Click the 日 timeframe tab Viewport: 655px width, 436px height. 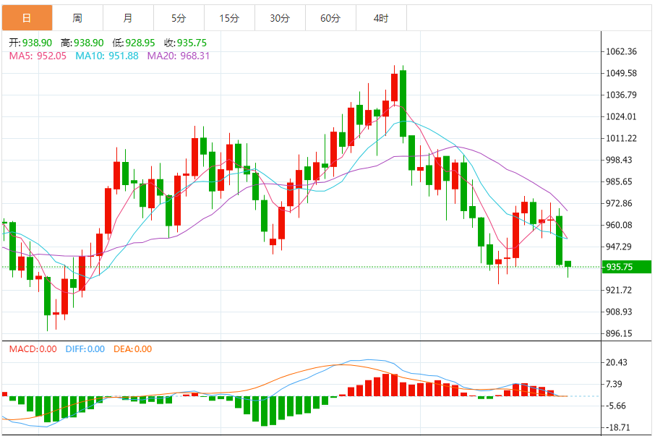(x=27, y=18)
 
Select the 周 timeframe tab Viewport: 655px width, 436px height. (x=77, y=18)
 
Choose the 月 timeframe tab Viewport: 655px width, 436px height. (x=128, y=18)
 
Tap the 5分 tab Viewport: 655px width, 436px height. (x=179, y=18)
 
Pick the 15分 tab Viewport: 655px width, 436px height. (x=229, y=18)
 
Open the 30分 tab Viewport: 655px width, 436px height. (x=280, y=18)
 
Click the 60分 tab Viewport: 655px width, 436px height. (x=330, y=18)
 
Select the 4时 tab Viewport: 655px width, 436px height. (x=381, y=18)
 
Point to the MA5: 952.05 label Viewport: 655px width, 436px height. (x=38, y=56)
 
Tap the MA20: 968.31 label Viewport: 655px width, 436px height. (x=179, y=56)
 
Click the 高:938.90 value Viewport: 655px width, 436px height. (x=82, y=43)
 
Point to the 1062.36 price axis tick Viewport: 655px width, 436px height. (x=622, y=51)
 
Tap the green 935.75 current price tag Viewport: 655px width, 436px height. (x=626, y=267)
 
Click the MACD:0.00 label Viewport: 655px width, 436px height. (x=33, y=349)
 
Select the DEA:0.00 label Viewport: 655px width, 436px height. (x=132, y=349)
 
